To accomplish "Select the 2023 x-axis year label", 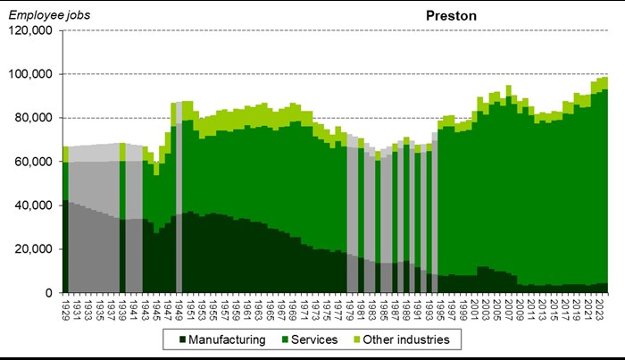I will pos(600,308).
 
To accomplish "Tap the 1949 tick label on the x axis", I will pos(179,308).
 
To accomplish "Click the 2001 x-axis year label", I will pos(475,308).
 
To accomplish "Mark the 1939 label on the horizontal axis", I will pos(121,308).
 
